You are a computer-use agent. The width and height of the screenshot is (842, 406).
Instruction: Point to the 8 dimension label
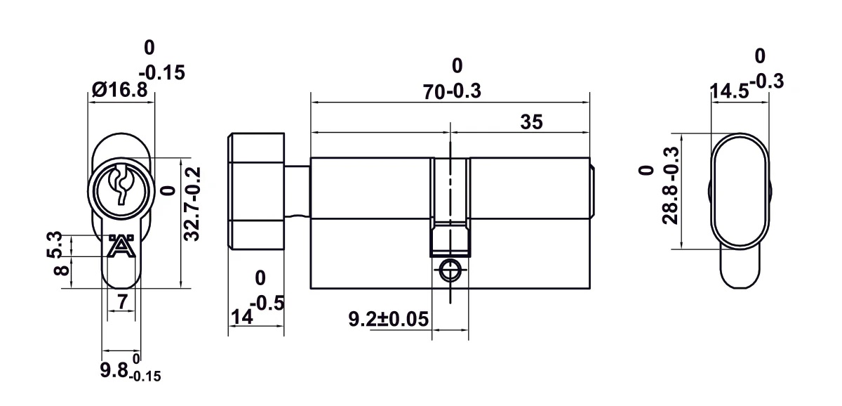(60, 268)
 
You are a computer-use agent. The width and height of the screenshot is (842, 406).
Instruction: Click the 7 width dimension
(121, 302)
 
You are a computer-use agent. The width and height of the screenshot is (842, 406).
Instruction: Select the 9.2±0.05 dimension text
(388, 320)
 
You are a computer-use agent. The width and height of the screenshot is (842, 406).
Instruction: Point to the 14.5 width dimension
(728, 92)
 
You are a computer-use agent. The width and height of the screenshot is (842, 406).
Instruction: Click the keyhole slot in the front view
(121, 185)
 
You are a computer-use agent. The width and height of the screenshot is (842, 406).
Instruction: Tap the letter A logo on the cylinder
(121, 247)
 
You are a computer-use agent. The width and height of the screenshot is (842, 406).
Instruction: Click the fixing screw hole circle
(449, 270)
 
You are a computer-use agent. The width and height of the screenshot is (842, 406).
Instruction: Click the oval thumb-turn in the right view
(740, 191)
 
